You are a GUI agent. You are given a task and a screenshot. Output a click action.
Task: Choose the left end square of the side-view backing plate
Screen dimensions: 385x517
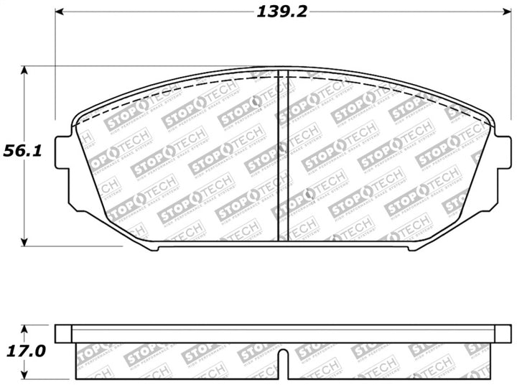point(64,333)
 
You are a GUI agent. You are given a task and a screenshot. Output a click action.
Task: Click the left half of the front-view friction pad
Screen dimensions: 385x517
point(180,158)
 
